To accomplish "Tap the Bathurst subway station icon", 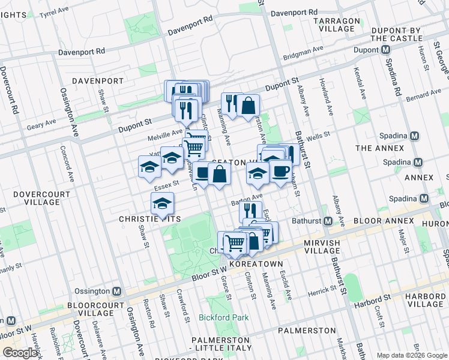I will pos(328,221).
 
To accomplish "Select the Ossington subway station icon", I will pos(116,291).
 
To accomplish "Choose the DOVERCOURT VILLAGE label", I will pos(37,198).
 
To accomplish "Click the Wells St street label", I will pos(319,136).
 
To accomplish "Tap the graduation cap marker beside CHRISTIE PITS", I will pos(162,203).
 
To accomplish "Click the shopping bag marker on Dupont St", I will pos(248,106).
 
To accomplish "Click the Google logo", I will pos(20,353).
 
